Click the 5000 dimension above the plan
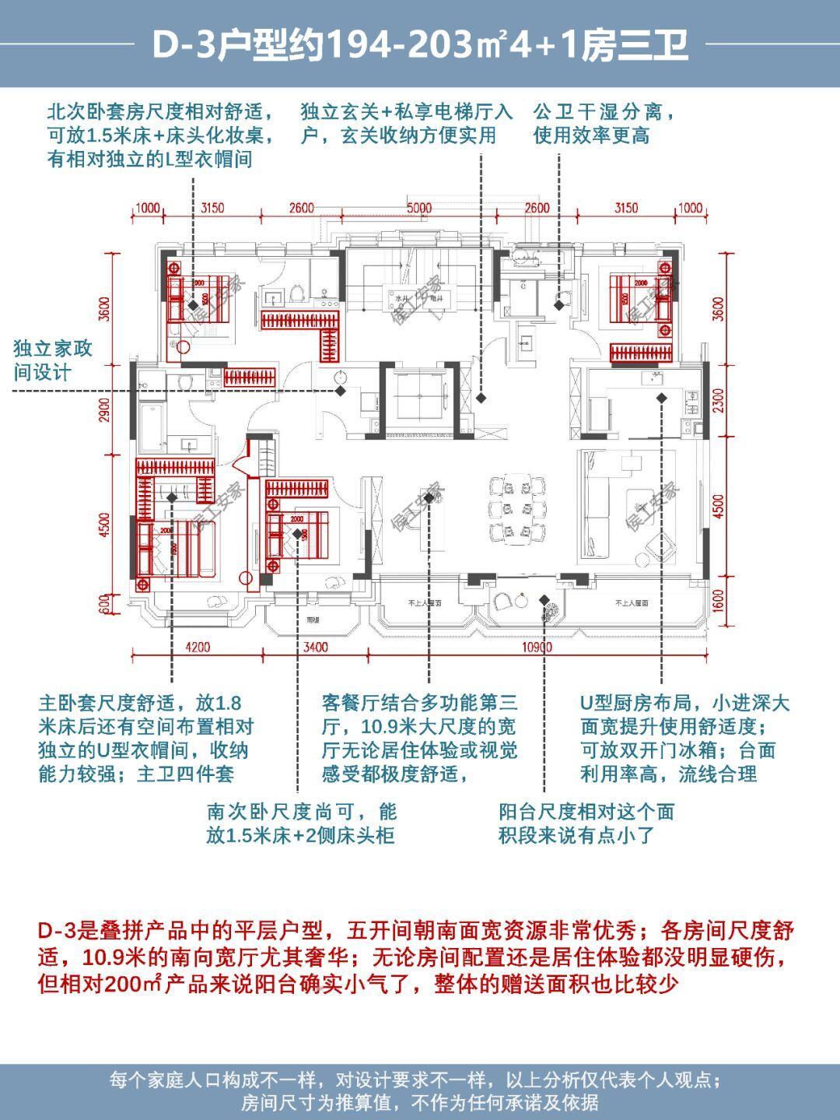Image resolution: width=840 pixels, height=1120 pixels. coord(418,208)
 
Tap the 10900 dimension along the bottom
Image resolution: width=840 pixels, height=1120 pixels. coord(537,648)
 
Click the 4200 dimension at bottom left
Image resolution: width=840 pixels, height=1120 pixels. coord(198,648)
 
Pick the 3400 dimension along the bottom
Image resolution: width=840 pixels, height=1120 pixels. coord(315,648)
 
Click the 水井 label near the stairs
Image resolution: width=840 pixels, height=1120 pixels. coord(402,298)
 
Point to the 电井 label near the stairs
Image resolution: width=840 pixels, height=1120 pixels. coord(426,298)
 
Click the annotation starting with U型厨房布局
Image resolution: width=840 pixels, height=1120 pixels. coord(684,738)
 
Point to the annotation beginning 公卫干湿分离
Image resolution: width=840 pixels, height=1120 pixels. coord(604,123)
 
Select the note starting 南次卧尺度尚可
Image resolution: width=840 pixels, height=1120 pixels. coord(302,823)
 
